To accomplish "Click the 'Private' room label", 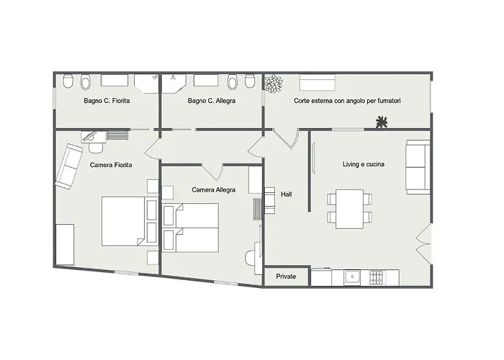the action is point(286,276).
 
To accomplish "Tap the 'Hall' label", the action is point(287,194).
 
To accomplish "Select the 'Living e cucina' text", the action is point(364,164).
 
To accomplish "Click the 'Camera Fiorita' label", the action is point(111,165).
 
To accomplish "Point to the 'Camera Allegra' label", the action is point(213,190).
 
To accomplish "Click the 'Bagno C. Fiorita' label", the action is point(107,101).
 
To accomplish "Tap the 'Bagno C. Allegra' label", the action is point(212,101).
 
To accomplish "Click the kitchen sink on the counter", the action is point(352,277).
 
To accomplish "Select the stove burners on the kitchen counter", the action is point(377,278).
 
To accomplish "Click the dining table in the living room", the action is point(349,209).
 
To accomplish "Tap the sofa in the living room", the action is point(418,167).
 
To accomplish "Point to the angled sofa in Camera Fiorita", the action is point(69,166).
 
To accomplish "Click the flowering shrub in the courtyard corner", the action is point(274,84).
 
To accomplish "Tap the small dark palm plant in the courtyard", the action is point(382,122).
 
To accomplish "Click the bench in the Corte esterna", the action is point(318,82).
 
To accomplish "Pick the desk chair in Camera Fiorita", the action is point(96,148).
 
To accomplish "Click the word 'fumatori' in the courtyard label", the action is point(389,101).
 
